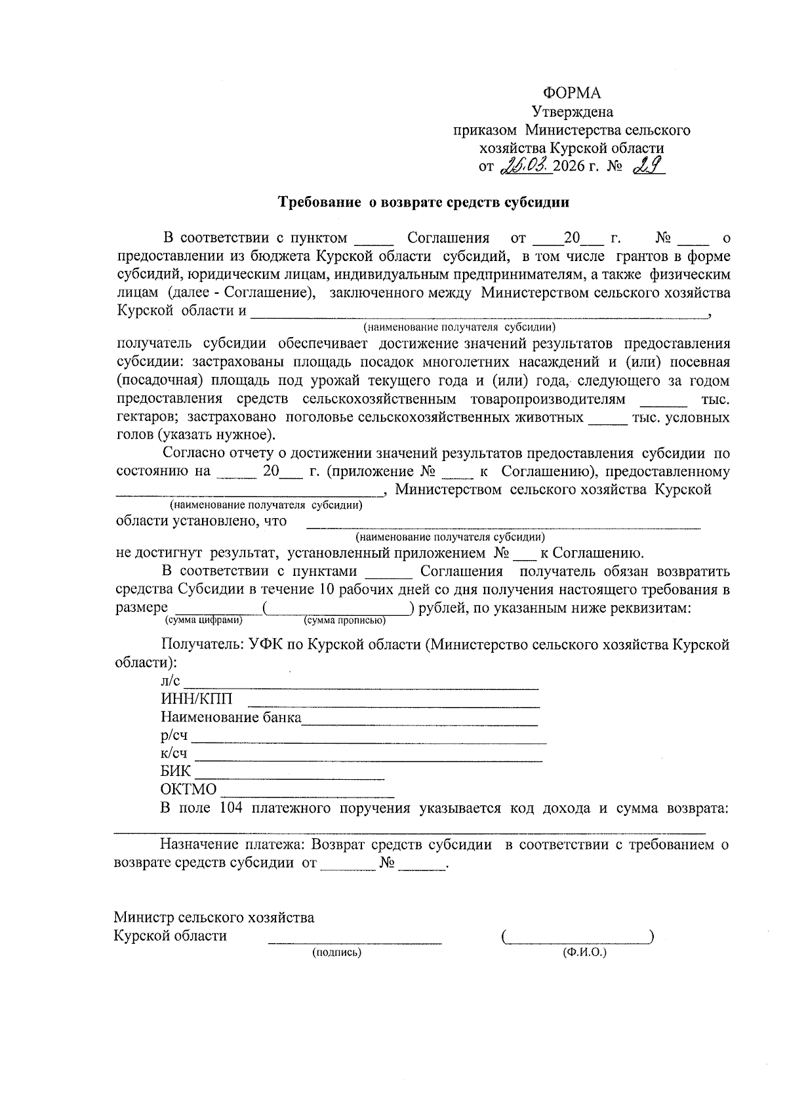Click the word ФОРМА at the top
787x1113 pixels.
click(572, 93)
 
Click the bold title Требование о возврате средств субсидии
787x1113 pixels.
click(424, 202)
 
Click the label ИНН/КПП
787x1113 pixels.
click(196, 699)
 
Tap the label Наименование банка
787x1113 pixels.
click(231, 717)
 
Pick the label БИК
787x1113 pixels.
click(176, 771)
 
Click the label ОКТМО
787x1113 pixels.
click(188, 789)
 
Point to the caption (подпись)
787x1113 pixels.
click(337, 952)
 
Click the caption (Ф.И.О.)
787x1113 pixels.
click(584, 952)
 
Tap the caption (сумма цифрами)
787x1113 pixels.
click(204, 620)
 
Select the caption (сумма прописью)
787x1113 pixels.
click(344, 620)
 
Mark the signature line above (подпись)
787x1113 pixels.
click(354, 942)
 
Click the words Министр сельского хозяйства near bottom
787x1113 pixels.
click(214, 917)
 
